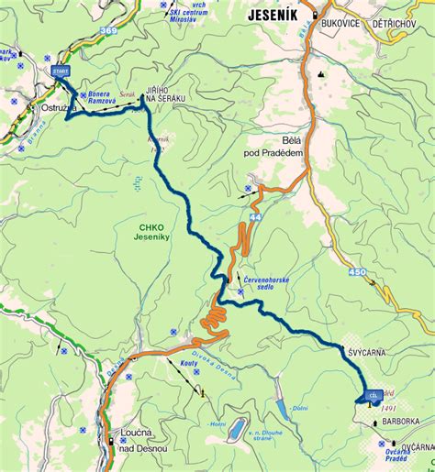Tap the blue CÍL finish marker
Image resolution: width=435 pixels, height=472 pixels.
(x=372, y=395)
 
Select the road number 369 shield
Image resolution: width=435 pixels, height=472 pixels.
(x=109, y=31)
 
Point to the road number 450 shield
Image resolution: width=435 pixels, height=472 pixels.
(x=359, y=272)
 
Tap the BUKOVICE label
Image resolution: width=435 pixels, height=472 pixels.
(x=344, y=16)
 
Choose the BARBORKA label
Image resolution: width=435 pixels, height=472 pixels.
(x=400, y=422)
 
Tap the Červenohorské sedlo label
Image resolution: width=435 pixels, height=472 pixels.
(x=267, y=280)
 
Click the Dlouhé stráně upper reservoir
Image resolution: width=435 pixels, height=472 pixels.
(x=236, y=428)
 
